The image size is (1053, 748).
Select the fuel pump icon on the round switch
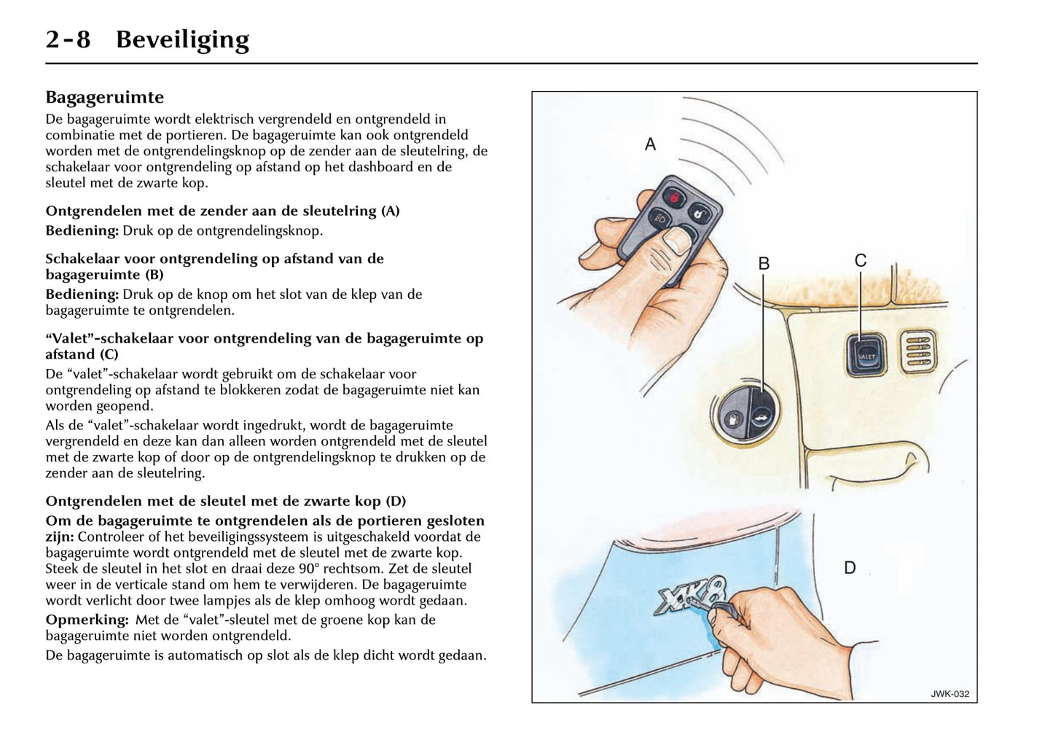click(732, 421)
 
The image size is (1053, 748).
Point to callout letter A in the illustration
click(650, 144)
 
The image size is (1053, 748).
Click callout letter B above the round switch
click(764, 264)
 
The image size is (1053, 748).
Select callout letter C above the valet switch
click(860, 261)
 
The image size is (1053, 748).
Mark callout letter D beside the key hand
click(850, 568)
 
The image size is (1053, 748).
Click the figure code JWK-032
click(950, 694)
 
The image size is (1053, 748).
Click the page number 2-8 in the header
click(68, 39)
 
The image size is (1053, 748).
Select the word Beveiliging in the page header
click(182, 39)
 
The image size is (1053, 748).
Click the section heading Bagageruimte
click(105, 97)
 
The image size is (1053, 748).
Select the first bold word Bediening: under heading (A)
click(82, 230)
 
